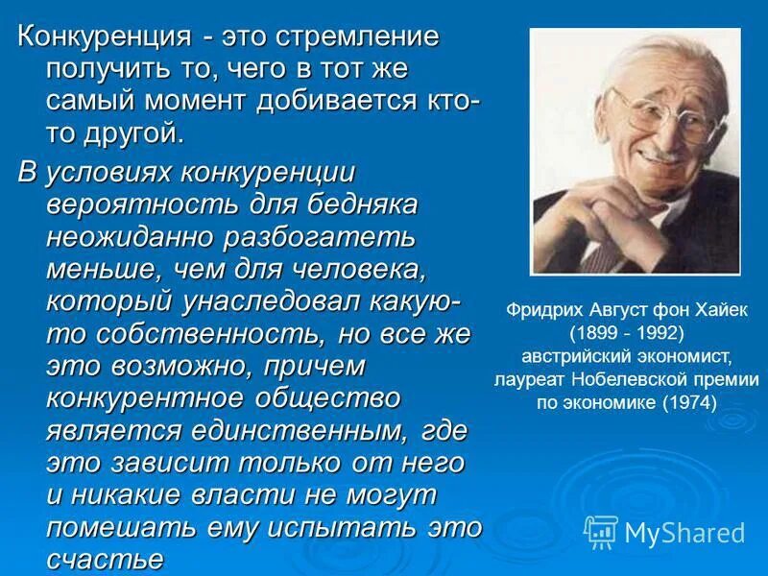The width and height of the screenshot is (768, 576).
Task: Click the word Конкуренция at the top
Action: [102, 38]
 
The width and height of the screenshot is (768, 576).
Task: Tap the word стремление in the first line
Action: [358, 38]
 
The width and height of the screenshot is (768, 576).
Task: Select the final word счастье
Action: [105, 559]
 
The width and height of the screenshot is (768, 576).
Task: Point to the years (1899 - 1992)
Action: [626, 334]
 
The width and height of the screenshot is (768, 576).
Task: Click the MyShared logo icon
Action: [601, 531]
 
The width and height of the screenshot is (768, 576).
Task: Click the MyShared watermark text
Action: [684, 533]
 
